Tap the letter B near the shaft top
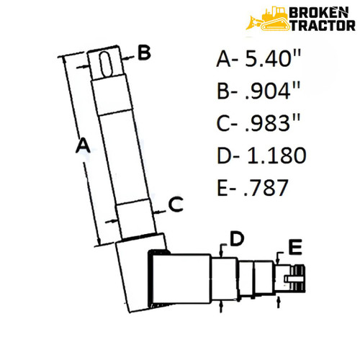pos(143,53)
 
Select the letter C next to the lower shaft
pos(176,206)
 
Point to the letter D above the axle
pos(235,238)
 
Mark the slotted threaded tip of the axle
pos(297,277)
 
